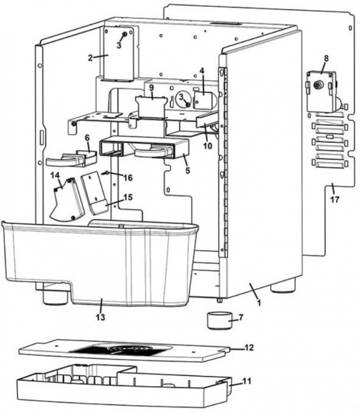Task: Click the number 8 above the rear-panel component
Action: click(325, 59)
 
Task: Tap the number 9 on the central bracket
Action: click(151, 89)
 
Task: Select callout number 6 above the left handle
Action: click(87, 138)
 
